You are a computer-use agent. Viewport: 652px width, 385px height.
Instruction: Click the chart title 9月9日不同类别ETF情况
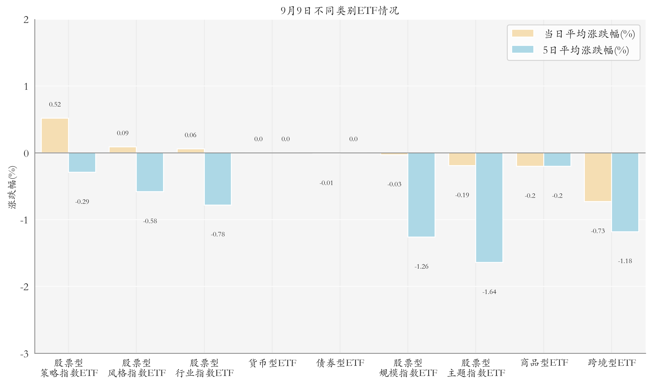(340, 11)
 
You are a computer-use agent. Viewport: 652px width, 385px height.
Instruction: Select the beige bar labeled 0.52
(55, 135)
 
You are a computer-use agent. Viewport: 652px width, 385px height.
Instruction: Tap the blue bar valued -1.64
(489, 207)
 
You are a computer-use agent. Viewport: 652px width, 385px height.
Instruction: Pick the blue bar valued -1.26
(421, 195)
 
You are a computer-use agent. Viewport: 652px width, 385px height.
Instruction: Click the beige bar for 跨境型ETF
(598, 177)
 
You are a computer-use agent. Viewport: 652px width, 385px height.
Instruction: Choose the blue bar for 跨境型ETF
(625, 192)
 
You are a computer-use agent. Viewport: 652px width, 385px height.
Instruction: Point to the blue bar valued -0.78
(218, 179)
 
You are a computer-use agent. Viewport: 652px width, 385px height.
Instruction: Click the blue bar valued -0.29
(82, 163)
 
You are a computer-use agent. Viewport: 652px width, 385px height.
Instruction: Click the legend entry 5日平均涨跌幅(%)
(570, 50)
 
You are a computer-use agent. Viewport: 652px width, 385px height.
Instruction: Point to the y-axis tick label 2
(26, 20)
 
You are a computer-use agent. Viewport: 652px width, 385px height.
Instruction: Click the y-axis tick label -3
(25, 354)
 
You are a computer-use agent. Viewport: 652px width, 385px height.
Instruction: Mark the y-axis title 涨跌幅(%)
(12, 187)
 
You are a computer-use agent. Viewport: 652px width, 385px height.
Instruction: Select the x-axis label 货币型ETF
(272, 363)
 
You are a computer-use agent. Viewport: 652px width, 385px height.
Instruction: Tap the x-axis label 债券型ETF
(340, 363)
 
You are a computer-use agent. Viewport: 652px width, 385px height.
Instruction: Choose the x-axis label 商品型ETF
(544, 363)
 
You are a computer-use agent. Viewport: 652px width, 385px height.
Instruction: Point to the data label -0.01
(326, 183)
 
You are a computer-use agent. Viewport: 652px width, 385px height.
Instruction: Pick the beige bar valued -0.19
(462, 159)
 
